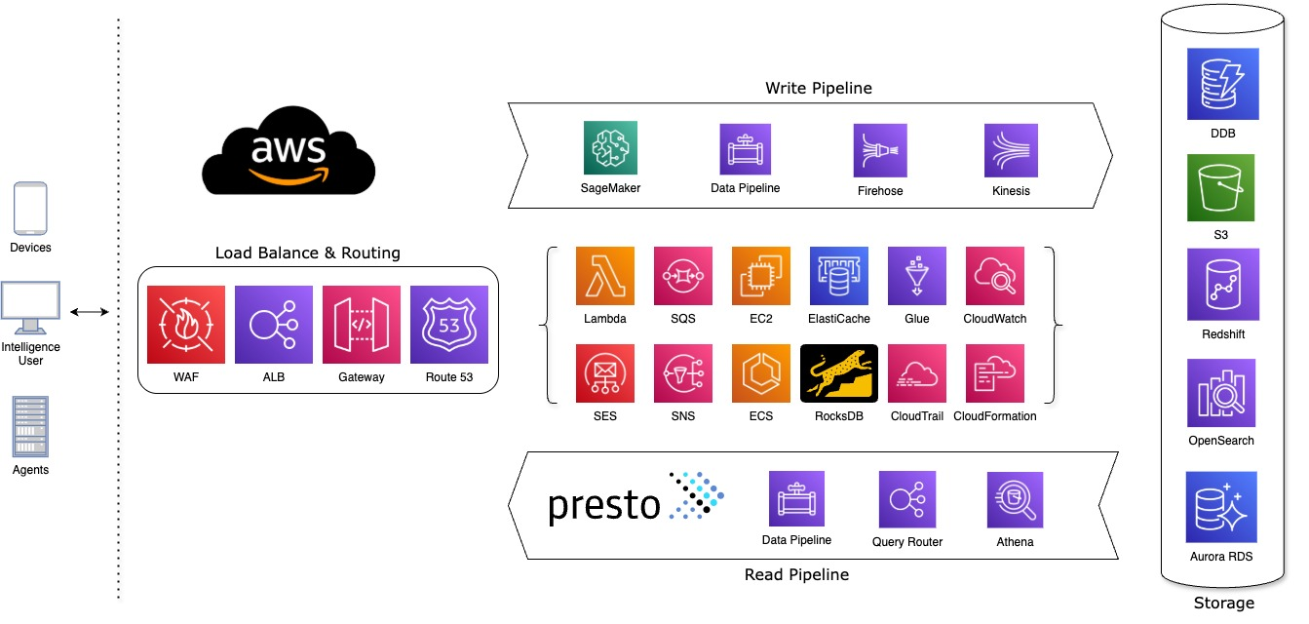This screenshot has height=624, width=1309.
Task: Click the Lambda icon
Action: pyautogui.click(x=605, y=276)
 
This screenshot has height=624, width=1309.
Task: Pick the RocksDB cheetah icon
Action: pyautogui.click(x=839, y=373)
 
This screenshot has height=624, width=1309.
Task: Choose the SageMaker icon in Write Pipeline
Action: pyautogui.click(x=610, y=148)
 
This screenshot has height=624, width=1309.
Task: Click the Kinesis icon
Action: pyautogui.click(x=1011, y=149)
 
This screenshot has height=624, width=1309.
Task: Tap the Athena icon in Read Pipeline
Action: pyautogui.click(x=1015, y=499)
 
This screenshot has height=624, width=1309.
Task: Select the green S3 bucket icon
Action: pyautogui.click(x=1220, y=187)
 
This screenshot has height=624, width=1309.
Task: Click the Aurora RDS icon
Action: pyautogui.click(x=1220, y=507)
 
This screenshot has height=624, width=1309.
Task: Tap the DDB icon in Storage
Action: pyautogui.click(x=1221, y=87)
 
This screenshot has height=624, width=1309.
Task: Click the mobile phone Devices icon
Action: pyautogui.click(x=30, y=209)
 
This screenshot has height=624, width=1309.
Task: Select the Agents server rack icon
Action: pyautogui.click(x=30, y=425)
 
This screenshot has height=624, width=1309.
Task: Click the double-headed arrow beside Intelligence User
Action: pyautogui.click(x=90, y=312)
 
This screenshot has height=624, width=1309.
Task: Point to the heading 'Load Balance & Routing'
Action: pyautogui.click(x=308, y=253)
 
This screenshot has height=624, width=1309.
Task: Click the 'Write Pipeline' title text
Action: pyautogui.click(x=819, y=88)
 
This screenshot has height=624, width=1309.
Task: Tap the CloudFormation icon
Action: pyautogui.click(x=994, y=373)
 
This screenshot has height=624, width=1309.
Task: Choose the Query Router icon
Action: pyautogui.click(x=906, y=500)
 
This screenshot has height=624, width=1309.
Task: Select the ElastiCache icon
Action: pyautogui.click(x=839, y=276)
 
